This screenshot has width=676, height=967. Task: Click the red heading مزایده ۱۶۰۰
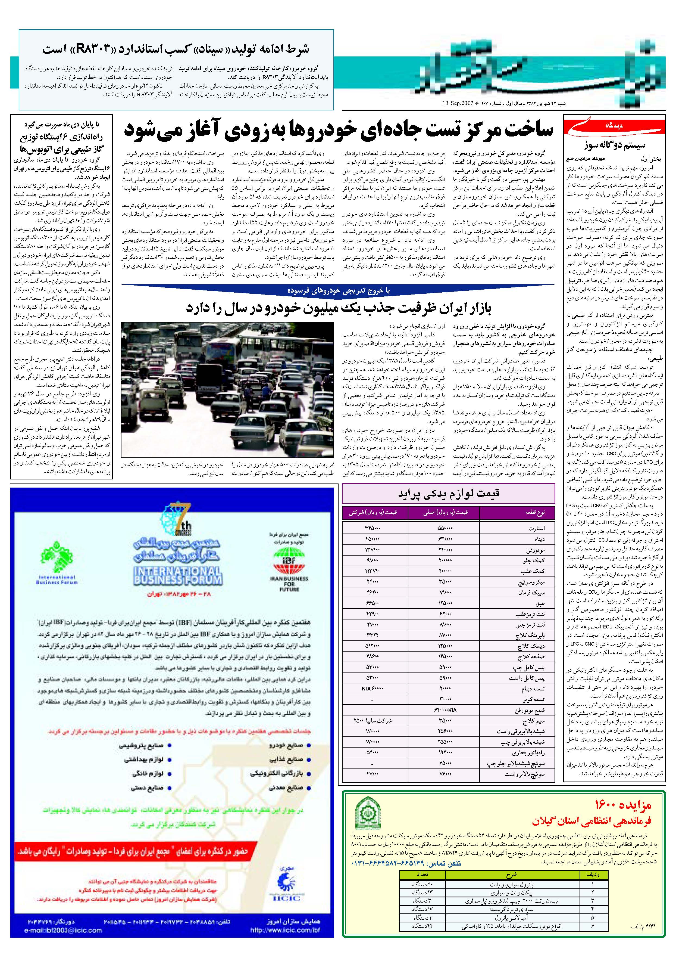click(x=622, y=805)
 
